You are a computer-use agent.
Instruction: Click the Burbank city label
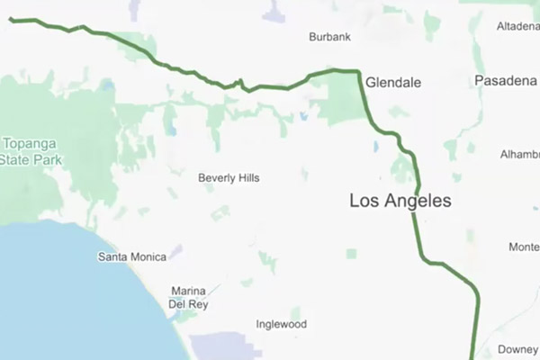click(x=329, y=37)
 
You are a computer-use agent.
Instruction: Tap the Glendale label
click(x=393, y=82)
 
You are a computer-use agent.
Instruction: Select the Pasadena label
click(x=505, y=81)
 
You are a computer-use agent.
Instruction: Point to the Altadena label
click(x=517, y=26)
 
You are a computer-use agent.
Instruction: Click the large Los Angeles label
click(x=400, y=202)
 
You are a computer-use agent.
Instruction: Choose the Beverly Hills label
click(x=229, y=178)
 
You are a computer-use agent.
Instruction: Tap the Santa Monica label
click(x=131, y=257)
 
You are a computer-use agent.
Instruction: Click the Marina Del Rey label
click(x=190, y=297)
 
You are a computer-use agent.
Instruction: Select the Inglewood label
click(x=282, y=324)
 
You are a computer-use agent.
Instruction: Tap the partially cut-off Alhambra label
click(x=519, y=155)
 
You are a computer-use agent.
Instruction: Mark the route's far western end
click(x=11, y=18)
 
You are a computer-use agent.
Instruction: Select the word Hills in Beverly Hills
click(x=246, y=178)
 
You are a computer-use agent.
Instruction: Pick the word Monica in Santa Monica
click(x=148, y=257)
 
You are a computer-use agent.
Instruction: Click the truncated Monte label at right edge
click(x=524, y=247)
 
